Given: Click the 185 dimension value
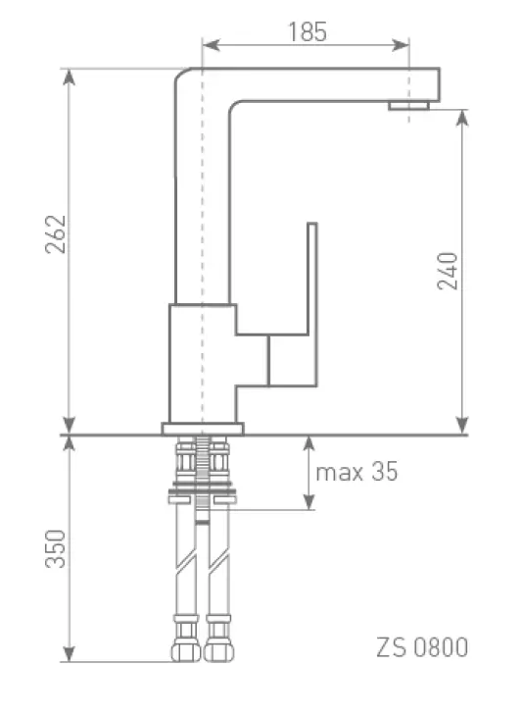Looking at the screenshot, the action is pyautogui.click(x=308, y=32).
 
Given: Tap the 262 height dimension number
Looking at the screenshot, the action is pyautogui.click(x=56, y=234).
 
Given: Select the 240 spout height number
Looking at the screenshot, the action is pyautogui.click(x=448, y=271).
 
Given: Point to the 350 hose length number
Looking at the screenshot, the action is pyautogui.click(x=56, y=548).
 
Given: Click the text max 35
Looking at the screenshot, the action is pyautogui.click(x=356, y=472).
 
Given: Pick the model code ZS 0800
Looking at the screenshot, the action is pyautogui.click(x=422, y=647).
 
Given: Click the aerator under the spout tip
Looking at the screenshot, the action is pyautogui.click(x=408, y=106).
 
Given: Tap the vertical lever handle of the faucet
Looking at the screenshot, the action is pyautogui.click(x=312, y=304).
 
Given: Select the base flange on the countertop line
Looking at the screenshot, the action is pyautogui.click(x=203, y=429).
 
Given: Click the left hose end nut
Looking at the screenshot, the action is pyautogui.click(x=186, y=651).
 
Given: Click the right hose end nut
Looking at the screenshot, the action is pyautogui.click(x=218, y=651).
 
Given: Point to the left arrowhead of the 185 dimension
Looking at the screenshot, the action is pyautogui.click(x=211, y=45).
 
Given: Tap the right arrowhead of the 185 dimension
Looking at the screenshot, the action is pyautogui.click(x=400, y=45).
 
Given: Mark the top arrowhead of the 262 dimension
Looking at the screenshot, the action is pyautogui.click(x=69, y=77).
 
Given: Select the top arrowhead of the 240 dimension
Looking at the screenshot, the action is pyautogui.click(x=462, y=119).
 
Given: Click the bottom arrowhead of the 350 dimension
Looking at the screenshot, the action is pyautogui.click(x=69, y=653).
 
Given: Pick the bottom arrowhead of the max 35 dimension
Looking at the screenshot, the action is pyautogui.click(x=309, y=500).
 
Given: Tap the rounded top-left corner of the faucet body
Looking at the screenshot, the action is pyautogui.click(x=181, y=76).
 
